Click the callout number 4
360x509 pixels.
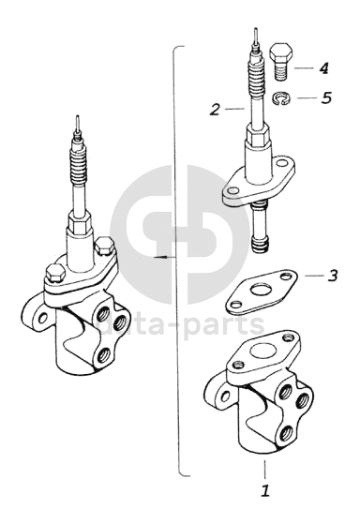(323, 68)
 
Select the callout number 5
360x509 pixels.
(327, 97)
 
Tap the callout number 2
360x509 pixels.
(215, 110)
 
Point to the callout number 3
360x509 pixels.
(332, 276)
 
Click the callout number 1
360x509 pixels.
(265, 490)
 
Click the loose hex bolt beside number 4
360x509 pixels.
(282, 61)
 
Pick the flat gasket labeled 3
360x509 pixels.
(262, 292)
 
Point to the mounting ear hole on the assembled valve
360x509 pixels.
(43, 318)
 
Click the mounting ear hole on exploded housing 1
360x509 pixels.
(226, 396)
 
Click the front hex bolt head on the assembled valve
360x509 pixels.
(55, 274)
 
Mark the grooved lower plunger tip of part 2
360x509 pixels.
(261, 245)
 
